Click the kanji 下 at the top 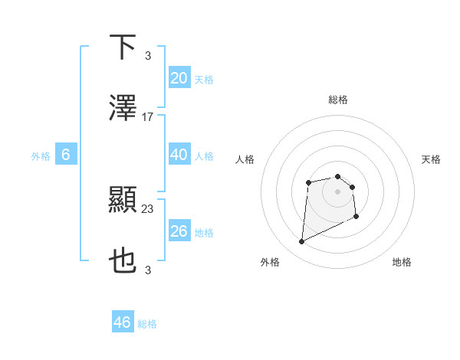(x=123, y=47)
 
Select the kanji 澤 (x=123, y=108)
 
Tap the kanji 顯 (x=123, y=200)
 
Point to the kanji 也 (x=123, y=261)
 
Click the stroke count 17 (x=148, y=117)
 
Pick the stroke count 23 (x=148, y=208)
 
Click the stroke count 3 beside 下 (x=148, y=55)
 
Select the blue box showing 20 (x=179, y=78)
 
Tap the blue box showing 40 (x=179, y=155)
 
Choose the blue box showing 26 (x=179, y=231)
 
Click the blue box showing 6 (x=66, y=155)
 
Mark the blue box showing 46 (x=123, y=322)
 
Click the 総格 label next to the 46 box (x=147, y=324)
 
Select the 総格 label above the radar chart (x=337, y=100)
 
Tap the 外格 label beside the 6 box (x=41, y=156)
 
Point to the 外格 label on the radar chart (x=270, y=262)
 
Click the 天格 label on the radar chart (x=432, y=159)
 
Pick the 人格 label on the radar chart (x=245, y=159)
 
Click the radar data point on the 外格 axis (x=302, y=242)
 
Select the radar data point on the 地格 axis (x=356, y=217)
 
